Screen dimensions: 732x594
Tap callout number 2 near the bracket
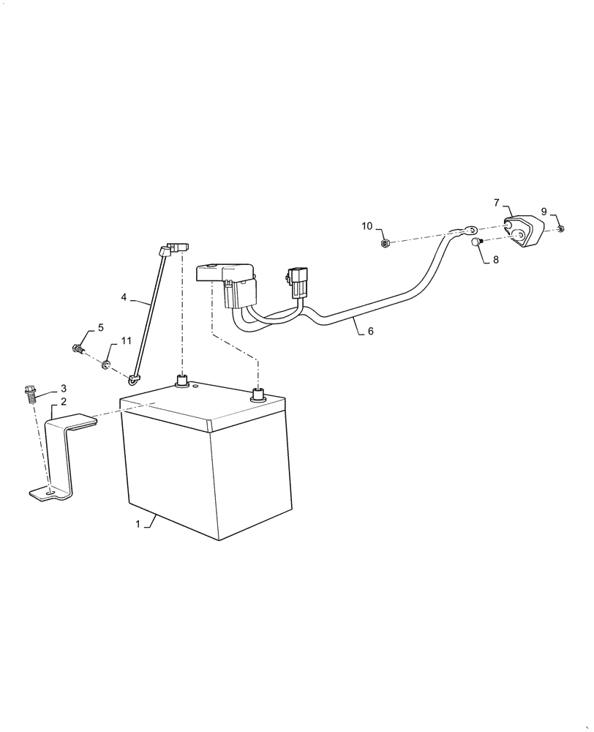64,402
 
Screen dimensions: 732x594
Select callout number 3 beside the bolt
64,388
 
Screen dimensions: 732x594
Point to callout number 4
124,297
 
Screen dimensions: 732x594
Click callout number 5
100,327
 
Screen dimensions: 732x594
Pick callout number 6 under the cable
370,331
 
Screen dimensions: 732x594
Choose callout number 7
496,202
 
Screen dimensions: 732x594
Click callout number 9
544,212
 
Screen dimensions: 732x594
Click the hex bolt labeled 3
31,393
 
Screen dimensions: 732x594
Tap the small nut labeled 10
385,243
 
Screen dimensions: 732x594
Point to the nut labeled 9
560,229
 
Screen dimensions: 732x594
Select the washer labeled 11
107,363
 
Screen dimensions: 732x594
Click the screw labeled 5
78,348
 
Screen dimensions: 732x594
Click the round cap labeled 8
475,242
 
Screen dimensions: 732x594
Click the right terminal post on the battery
257,396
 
